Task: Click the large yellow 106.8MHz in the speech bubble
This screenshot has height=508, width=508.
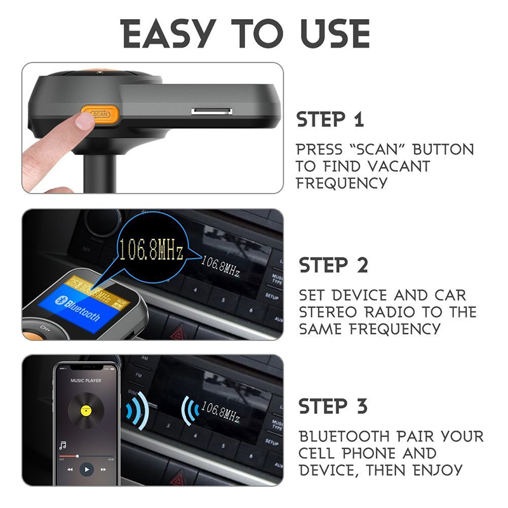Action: coord(150,250)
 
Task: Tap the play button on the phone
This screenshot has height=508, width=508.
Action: coord(86,470)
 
